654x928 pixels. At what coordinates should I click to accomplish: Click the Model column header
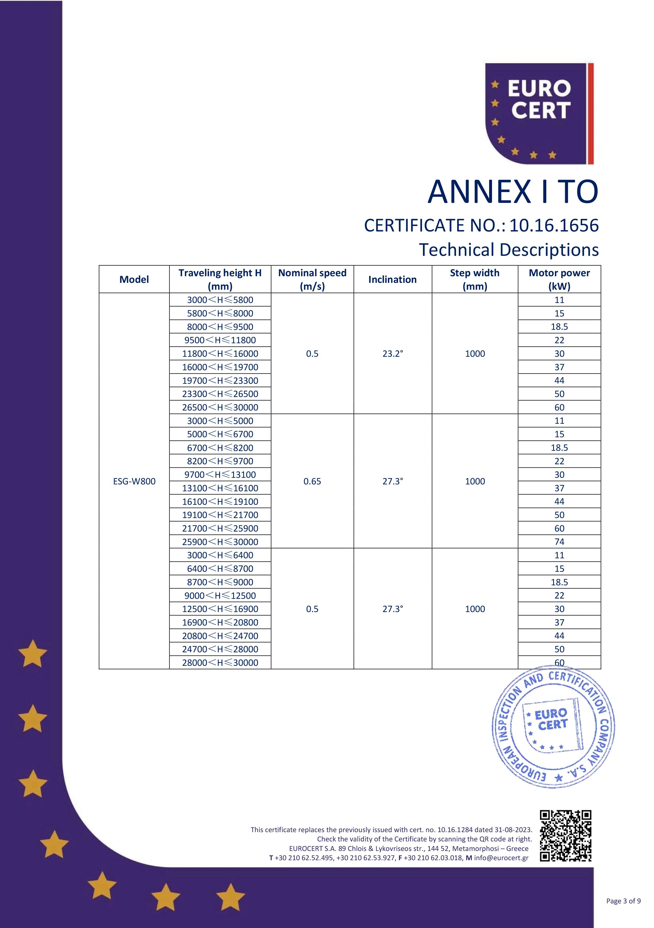(x=134, y=279)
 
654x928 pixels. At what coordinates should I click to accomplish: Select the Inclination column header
(x=392, y=279)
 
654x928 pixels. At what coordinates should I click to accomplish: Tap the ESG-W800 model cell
(x=134, y=481)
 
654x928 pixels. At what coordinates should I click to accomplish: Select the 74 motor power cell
(x=559, y=542)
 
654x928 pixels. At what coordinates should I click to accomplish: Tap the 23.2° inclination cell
(x=393, y=354)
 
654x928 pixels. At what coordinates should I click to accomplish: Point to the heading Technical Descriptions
(x=509, y=249)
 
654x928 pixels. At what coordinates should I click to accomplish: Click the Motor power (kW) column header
(x=559, y=279)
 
